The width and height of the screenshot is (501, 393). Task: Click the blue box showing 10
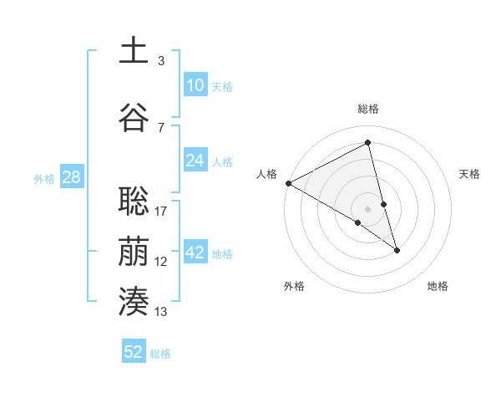click(x=195, y=85)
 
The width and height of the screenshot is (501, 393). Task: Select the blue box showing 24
click(x=195, y=161)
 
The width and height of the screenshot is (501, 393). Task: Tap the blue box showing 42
click(x=195, y=253)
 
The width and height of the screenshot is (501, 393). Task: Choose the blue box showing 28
click(x=71, y=177)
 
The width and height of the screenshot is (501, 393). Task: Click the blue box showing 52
click(x=134, y=352)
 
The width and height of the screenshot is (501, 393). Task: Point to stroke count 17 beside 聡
click(x=161, y=211)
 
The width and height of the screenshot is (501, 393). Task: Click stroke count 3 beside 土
click(x=161, y=60)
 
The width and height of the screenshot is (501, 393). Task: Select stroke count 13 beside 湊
click(x=161, y=312)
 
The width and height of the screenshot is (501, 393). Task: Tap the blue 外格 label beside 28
click(x=44, y=178)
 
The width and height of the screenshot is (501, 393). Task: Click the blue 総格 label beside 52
click(x=160, y=354)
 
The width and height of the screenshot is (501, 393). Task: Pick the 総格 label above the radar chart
click(x=367, y=109)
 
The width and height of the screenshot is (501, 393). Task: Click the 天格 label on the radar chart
click(x=470, y=174)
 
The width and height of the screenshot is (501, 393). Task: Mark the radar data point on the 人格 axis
click(x=288, y=183)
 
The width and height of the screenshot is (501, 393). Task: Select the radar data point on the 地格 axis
click(x=397, y=249)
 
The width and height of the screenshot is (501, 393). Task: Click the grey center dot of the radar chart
click(x=367, y=208)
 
